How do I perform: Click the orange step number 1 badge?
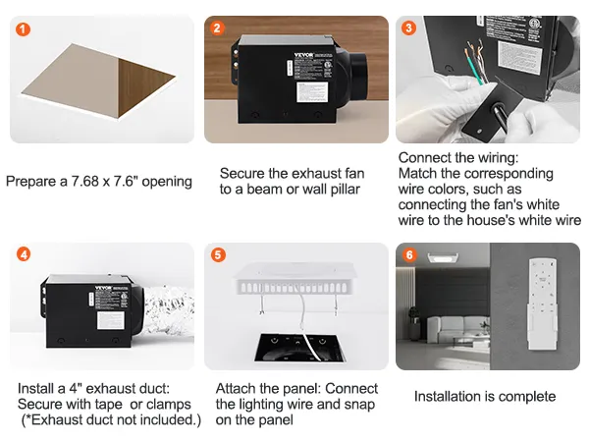click(24, 28)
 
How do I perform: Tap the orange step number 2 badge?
click(217, 28)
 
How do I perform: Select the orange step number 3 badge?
click(408, 28)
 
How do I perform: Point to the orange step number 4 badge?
click(24, 254)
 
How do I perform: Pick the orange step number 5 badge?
click(218, 255)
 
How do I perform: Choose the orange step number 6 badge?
click(409, 255)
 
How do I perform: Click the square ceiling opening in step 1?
click(98, 81)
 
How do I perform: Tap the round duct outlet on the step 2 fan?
click(358, 80)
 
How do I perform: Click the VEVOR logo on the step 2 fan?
click(303, 55)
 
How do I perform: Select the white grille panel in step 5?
click(295, 278)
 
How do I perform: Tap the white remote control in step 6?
click(543, 304)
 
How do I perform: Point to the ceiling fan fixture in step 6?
click(443, 257)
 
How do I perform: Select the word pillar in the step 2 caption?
click(346, 190)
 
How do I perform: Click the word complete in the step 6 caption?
click(527, 397)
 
